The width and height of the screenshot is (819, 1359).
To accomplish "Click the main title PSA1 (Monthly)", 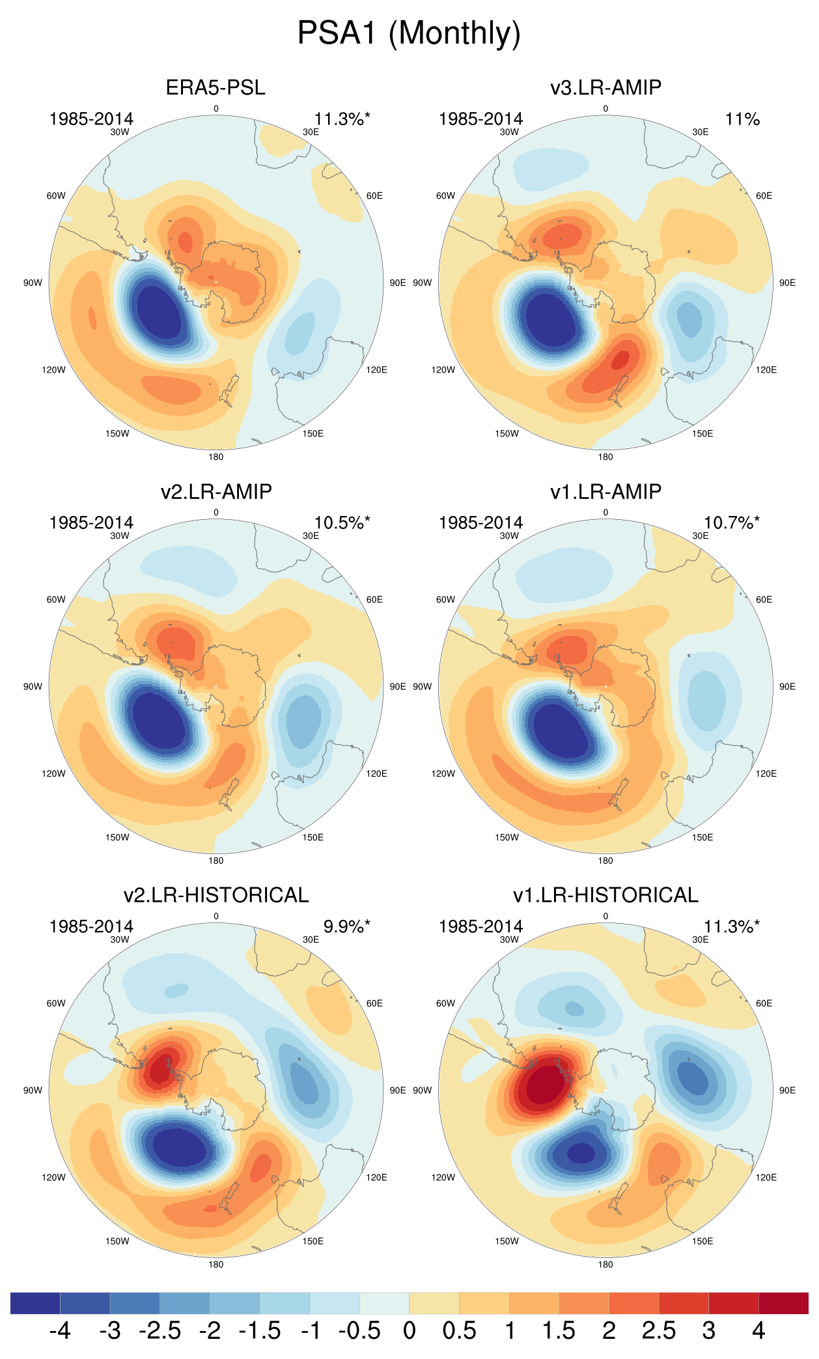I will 409,33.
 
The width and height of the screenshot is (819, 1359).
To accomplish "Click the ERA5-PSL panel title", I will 215,87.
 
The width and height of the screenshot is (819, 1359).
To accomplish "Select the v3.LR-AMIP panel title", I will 605,87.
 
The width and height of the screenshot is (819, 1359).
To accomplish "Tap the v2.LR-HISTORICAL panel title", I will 215,895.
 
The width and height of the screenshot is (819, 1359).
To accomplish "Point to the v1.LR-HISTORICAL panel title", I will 605,895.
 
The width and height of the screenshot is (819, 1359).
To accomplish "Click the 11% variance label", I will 742,119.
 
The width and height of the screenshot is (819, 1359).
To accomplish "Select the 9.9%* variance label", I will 346,926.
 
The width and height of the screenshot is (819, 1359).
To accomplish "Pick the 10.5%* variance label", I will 342,522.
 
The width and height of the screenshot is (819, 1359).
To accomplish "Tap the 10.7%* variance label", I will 731,522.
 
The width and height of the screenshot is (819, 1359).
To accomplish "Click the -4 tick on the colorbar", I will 60,1330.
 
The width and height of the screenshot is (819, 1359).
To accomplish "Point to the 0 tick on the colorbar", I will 409,1330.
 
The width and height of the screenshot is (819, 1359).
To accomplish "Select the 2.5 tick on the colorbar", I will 658,1330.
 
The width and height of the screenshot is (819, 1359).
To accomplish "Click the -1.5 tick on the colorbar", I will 260,1330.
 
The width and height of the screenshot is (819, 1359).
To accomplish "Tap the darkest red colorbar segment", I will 783,1303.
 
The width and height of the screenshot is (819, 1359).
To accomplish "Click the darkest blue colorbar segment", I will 35,1303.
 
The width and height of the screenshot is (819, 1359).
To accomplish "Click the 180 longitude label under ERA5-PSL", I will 215,457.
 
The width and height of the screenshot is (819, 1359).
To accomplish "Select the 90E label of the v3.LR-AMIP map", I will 787,283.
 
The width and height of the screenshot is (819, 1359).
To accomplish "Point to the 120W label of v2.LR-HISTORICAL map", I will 53,1177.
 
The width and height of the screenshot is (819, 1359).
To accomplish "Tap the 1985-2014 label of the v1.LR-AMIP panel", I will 480,522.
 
